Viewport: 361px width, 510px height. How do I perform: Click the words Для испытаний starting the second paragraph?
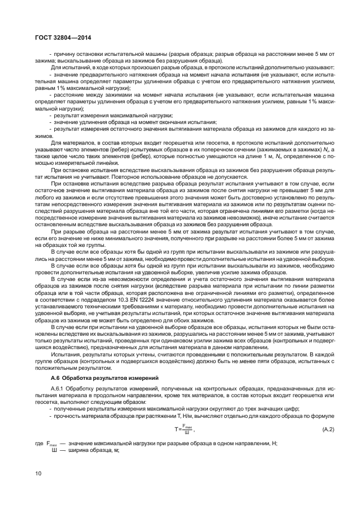pyautogui.click(x=69, y=67)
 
